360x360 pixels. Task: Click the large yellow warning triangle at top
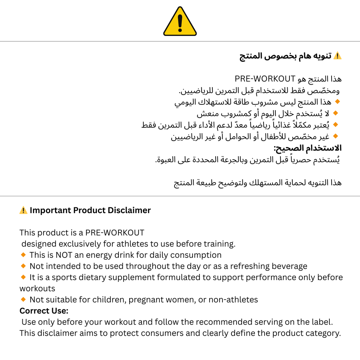pyautogui.click(x=180, y=22)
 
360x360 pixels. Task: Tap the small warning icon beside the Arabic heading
pyautogui.click(x=337, y=56)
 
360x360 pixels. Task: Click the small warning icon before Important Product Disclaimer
pyautogui.click(x=23, y=210)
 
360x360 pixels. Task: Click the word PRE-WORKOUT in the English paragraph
pyautogui.click(x=115, y=233)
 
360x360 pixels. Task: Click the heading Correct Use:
pyautogui.click(x=44, y=311)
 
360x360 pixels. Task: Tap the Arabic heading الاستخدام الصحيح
pyautogui.click(x=307, y=148)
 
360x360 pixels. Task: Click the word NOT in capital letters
pyautogui.click(x=64, y=255)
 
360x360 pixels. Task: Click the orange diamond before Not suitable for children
pyautogui.click(x=23, y=299)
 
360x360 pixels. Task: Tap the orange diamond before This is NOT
pyautogui.click(x=23, y=255)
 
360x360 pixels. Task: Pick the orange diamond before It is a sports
pyautogui.click(x=23, y=277)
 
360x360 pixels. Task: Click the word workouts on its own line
pyautogui.click(x=37, y=289)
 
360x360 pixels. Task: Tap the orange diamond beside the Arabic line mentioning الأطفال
pyautogui.click(x=336, y=136)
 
